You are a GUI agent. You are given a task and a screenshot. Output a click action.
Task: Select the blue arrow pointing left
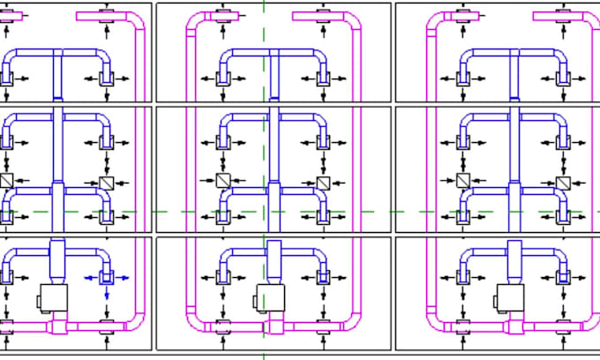click(92, 278)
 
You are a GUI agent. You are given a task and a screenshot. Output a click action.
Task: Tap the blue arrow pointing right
click(124, 278)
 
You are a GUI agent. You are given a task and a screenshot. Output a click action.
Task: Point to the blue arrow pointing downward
click(107, 294)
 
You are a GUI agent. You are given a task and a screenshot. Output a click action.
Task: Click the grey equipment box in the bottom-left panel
click(55, 297)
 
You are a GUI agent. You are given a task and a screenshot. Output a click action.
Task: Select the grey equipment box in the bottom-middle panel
click(270, 297)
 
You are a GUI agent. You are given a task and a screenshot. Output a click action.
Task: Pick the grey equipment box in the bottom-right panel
click(510, 297)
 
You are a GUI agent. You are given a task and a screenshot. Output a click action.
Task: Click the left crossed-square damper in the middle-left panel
click(7, 181)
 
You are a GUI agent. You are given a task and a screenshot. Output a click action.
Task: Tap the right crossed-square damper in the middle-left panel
click(107, 183)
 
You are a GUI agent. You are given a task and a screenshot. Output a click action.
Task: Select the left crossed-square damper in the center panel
click(223, 181)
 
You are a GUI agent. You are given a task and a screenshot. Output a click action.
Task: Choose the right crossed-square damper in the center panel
click(323, 183)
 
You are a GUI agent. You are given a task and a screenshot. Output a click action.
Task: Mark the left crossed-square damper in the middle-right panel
click(462, 181)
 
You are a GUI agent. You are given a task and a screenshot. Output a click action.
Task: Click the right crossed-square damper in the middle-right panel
click(563, 183)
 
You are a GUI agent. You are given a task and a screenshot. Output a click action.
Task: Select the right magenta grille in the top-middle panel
click(323, 16)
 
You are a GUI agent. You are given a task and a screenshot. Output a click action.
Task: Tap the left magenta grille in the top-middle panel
click(223, 16)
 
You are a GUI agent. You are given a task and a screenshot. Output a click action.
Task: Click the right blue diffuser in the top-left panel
click(107, 78)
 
